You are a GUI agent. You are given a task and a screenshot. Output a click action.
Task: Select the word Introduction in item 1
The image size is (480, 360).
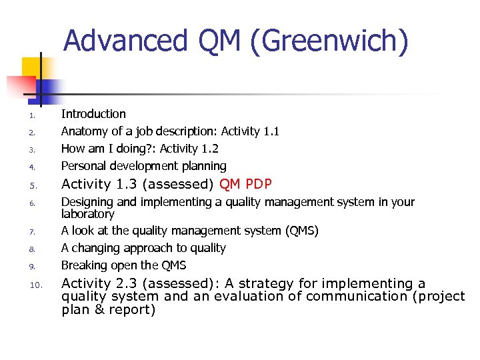(93, 114)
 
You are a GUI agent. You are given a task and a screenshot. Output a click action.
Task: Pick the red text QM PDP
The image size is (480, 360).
(245, 184)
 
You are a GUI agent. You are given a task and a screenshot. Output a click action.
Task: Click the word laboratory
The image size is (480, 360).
(88, 214)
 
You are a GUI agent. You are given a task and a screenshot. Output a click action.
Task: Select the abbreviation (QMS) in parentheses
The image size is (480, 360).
(302, 231)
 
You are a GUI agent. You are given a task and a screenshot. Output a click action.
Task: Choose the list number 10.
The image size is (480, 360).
(36, 285)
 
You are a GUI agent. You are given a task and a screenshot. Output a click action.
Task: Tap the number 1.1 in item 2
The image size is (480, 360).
(271, 131)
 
